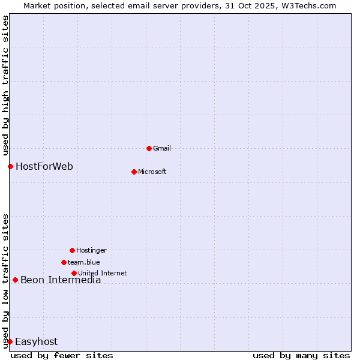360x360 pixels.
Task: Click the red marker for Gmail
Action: pos(149,148)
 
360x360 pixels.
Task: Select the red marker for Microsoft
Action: pos(134,172)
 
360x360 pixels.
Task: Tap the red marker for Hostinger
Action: pos(72,250)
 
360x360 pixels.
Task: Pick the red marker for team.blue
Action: pos(64,262)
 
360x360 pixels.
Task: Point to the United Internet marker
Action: pos(74,273)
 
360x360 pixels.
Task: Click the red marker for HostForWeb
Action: pos(10,166)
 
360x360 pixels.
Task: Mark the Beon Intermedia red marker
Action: pos(15,280)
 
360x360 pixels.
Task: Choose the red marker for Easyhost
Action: pos(10,341)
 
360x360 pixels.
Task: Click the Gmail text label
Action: pos(162,148)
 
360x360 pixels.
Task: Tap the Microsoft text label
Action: pos(152,172)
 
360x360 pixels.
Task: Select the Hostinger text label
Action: pos(91,250)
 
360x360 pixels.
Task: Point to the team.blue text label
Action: pos(84,262)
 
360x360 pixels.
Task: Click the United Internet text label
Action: pos(103,273)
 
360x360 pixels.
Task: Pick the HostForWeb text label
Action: pos(44,166)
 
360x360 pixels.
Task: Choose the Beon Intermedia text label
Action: pos(61,280)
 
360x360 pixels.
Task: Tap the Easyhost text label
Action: pos(37,341)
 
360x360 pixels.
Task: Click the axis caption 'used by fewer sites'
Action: pos(62,355)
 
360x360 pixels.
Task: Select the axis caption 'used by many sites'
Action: pos(301,355)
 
